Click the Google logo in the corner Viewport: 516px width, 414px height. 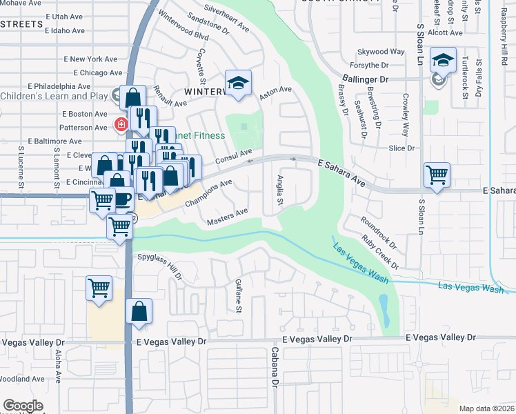tap(23, 406)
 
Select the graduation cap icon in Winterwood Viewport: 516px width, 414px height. tap(239, 83)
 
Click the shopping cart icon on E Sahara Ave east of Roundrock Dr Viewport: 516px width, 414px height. tap(437, 174)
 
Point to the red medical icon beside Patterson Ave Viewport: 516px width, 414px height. tap(121, 125)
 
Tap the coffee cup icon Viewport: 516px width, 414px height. tap(122, 198)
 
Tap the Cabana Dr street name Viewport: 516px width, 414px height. tap(275, 372)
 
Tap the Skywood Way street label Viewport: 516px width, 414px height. tap(381, 52)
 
